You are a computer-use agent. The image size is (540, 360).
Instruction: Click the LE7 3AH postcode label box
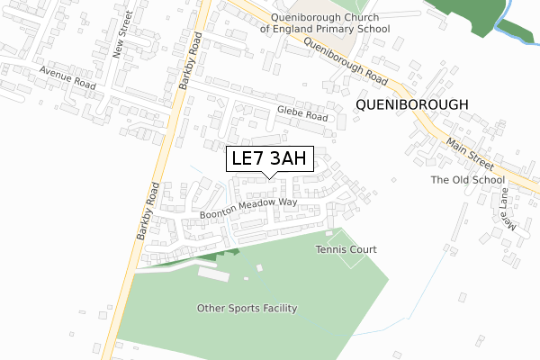point(269,159)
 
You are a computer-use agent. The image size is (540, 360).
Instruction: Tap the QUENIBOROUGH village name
point(412,104)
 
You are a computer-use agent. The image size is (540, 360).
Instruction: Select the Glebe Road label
point(302,115)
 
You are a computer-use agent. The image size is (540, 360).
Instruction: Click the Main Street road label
point(470,148)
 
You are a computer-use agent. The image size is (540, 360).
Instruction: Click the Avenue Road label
point(67,77)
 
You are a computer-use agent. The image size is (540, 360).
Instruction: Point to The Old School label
point(467,180)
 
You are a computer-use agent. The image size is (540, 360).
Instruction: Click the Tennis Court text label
point(346,249)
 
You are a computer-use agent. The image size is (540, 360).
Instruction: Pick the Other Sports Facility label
point(247,309)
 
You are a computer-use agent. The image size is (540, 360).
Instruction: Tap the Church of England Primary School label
point(325,22)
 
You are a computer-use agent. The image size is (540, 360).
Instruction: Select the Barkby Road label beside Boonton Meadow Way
point(148,211)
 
